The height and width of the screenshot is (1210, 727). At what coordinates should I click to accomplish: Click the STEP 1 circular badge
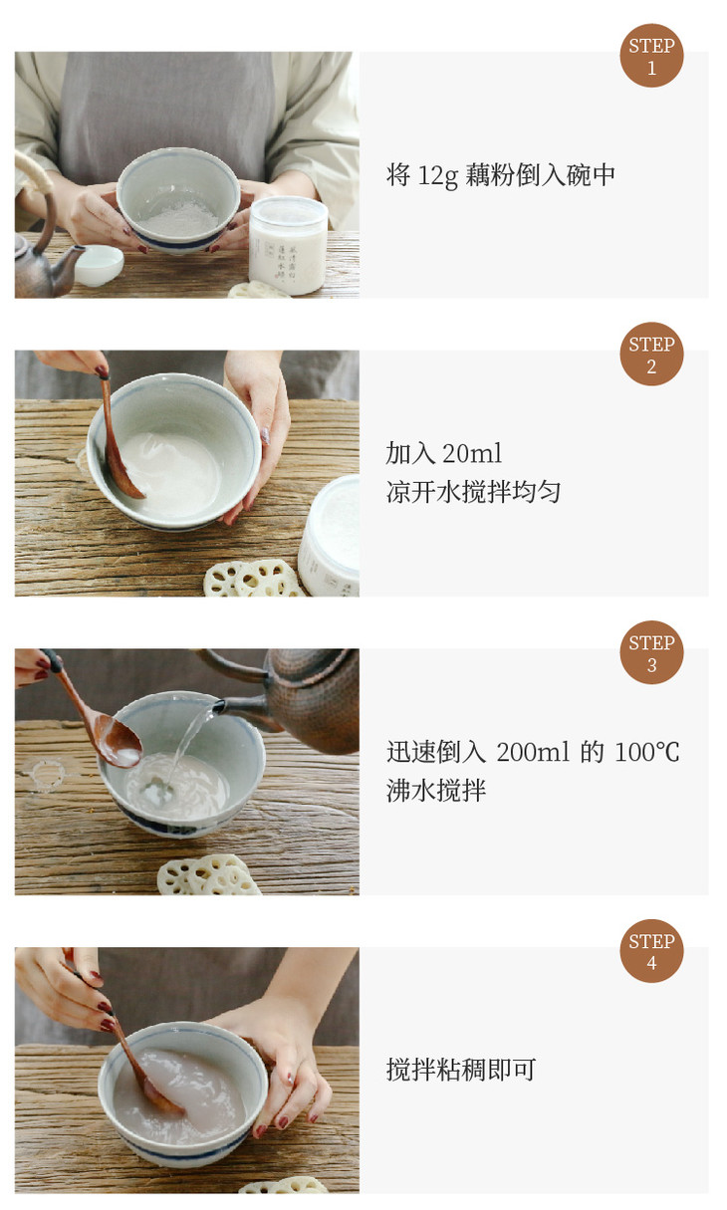651,56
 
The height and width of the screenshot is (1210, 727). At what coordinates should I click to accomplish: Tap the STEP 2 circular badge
651,355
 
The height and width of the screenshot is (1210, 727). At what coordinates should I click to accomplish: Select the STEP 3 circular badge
651,652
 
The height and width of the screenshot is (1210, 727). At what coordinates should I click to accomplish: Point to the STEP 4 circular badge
651,951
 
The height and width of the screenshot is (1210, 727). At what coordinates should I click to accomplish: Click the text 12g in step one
438,176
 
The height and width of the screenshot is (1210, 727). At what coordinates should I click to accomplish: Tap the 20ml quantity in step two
472,454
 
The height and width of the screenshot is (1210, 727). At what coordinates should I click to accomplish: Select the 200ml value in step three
533,752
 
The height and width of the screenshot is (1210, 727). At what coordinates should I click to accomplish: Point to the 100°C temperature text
646,752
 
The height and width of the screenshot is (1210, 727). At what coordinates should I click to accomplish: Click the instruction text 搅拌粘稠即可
461,1070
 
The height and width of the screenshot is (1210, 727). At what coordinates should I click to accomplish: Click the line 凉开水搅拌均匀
473,492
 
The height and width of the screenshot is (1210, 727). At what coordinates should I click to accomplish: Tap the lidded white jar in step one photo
288,245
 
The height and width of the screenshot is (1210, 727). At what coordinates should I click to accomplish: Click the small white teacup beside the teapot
100,265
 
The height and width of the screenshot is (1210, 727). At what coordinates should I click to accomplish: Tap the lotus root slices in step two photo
252,579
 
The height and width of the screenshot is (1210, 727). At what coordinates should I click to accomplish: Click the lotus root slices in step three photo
208,875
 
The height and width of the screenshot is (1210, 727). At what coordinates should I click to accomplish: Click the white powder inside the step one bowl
178,219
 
